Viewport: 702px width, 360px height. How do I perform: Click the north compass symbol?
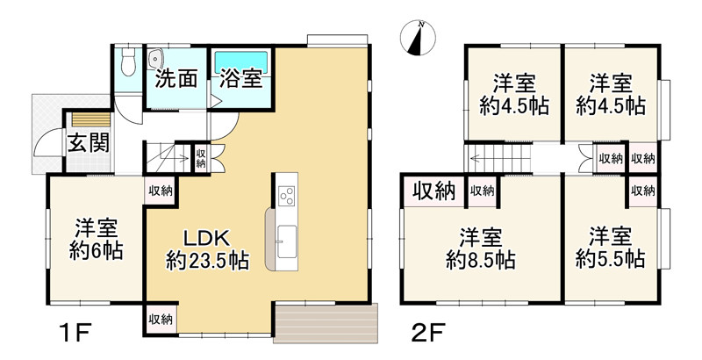418,38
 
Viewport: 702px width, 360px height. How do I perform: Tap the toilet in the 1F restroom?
128,61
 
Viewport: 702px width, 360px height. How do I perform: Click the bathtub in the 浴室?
241,62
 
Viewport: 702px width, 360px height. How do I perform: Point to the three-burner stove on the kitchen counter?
286,196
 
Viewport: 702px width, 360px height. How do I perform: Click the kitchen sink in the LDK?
287,241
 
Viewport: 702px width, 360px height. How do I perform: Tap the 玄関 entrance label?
89,143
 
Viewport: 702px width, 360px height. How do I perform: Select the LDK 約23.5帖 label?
207,250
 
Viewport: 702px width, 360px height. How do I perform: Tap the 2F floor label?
428,333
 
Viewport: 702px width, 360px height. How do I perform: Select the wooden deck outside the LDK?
326,323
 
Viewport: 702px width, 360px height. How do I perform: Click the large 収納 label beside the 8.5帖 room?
433,191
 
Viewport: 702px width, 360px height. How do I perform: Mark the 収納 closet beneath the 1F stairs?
200,158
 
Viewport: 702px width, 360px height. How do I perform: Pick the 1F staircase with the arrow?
168,157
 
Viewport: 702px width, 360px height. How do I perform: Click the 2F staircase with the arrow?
498,158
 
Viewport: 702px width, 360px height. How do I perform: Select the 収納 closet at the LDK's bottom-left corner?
161,320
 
